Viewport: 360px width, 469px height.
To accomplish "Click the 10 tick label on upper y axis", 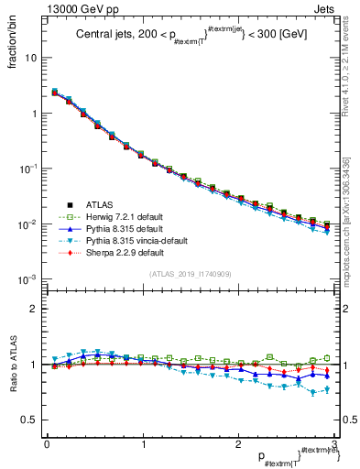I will coord(31,58).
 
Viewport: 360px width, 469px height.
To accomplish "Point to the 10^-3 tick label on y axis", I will coord(27,278).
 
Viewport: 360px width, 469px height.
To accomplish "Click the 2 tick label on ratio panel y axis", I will coord(35,309).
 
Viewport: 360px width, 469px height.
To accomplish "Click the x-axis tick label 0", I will coord(47,443).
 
